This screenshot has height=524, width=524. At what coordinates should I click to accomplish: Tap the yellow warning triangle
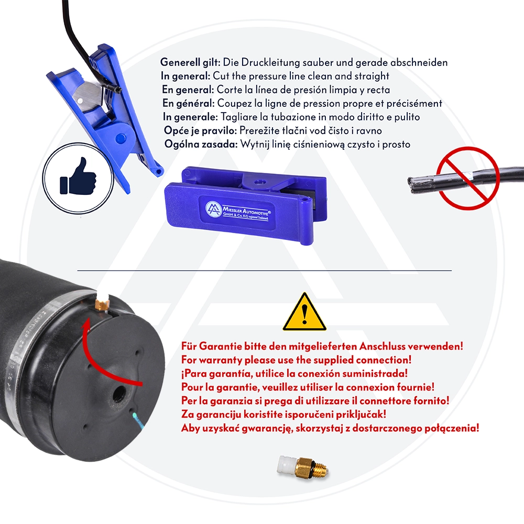coord(304,313)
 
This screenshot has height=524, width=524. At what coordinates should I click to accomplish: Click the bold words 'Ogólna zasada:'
coord(200,144)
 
